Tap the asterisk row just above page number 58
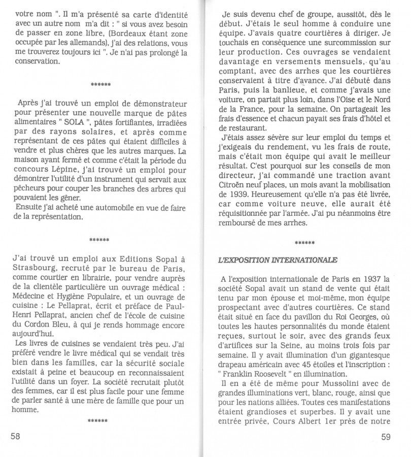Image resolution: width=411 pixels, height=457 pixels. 98,420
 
